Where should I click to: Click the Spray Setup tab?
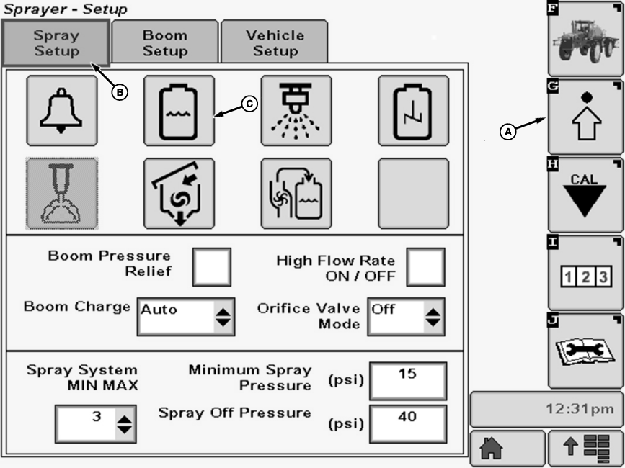[56, 43]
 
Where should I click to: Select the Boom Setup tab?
[165, 43]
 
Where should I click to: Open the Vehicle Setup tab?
[275, 43]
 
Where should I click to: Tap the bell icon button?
[62, 110]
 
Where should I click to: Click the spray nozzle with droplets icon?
[296, 110]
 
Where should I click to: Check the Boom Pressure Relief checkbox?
[212, 266]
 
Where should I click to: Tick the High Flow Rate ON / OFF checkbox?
[425, 266]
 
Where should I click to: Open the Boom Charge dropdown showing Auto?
[186, 315]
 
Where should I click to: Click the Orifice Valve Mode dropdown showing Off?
[406, 315]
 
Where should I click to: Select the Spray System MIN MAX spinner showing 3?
[95, 423]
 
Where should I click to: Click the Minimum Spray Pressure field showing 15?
[407, 380]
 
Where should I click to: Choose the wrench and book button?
[585, 351]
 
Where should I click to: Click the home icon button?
[507, 449]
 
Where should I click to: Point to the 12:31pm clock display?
[546, 410]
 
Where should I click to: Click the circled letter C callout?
[249, 104]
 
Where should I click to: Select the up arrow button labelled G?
[585, 117]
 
